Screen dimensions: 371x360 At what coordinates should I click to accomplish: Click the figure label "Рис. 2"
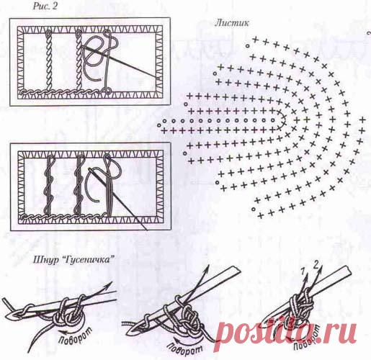tap(45, 6)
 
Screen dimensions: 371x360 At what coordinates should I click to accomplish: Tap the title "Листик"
tap(232, 23)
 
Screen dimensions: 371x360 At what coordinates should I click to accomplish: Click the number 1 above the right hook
tap(303, 271)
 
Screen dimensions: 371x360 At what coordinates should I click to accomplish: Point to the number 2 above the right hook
tap(316, 266)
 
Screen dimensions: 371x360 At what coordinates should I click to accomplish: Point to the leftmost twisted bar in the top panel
tap(48, 60)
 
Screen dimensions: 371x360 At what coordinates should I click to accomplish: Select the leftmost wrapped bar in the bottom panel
tap(48, 184)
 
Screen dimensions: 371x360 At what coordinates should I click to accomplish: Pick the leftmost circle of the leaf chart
tap(159, 125)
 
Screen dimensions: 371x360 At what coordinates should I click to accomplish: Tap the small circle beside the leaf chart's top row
tap(246, 45)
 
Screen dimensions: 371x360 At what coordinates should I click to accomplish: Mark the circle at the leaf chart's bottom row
tap(254, 209)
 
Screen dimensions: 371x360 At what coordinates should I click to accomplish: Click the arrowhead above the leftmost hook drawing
tap(109, 284)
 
